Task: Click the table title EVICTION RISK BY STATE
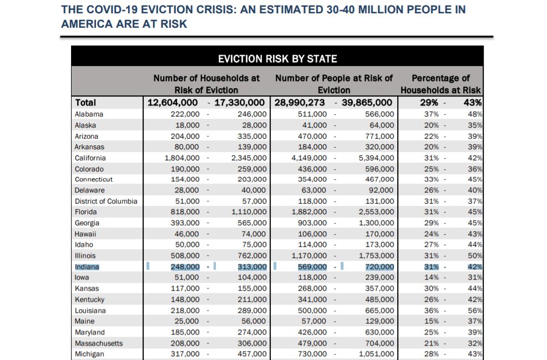click(277, 59)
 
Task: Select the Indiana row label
click(88, 267)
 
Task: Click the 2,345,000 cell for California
click(249, 158)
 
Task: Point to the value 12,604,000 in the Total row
click(173, 103)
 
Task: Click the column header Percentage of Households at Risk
click(440, 84)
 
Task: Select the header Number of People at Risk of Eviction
click(334, 84)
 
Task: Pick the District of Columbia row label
click(106, 201)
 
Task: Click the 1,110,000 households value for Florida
click(249, 212)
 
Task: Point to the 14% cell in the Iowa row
click(431, 278)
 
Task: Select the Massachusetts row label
click(99, 343)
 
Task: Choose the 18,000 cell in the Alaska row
click(188, 125)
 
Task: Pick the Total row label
click(85, 103)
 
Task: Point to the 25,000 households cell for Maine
click(188, 321)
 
